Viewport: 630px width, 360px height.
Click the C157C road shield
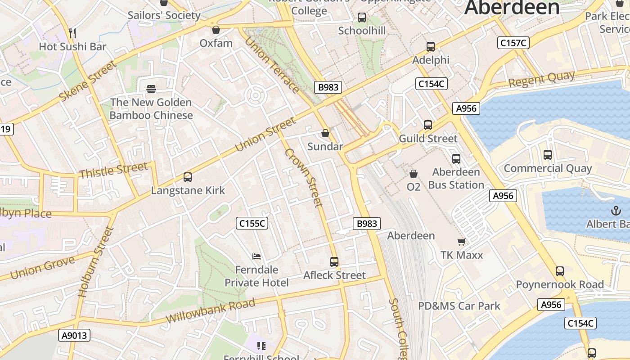(513, 43)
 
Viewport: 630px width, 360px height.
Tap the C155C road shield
(252, 223)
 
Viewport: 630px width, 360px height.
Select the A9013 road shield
(74, 335)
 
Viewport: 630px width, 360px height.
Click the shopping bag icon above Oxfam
(216, 30)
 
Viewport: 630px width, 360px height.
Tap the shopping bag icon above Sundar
(325, 134)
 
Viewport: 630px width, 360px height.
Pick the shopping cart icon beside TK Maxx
(461, 242)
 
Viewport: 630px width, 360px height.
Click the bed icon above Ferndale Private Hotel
(256, 256)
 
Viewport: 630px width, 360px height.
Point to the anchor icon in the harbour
(615, 210)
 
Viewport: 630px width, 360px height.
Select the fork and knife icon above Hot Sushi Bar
(72, 33)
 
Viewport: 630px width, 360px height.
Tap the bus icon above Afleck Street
(334, 261)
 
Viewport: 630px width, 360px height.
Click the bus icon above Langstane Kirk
(188, 177)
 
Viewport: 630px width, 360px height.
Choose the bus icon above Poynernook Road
(560, 271)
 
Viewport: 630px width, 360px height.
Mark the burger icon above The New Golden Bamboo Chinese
(151, 89)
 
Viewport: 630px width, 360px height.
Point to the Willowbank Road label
(211, 310)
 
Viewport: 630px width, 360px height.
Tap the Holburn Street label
(94, 262)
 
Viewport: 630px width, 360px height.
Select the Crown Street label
(304, 178)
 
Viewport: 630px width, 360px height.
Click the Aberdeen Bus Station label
(456, 178)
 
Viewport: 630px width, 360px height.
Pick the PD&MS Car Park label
(459, 306)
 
